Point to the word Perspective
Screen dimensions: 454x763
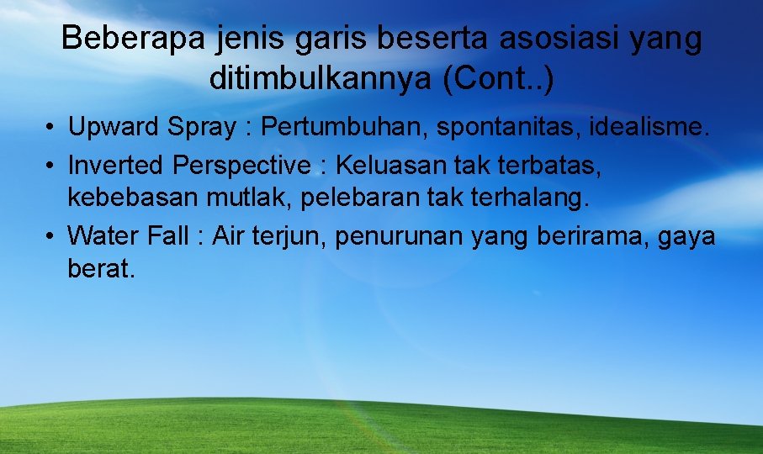click(x=241, y=165)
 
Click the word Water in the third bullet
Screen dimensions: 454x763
click(x=98, y=236)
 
